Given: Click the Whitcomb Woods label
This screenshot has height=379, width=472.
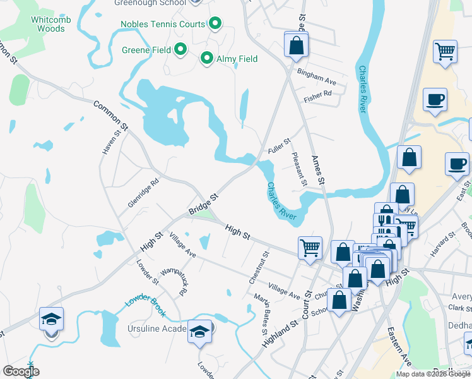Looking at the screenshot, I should [x=48, y=24].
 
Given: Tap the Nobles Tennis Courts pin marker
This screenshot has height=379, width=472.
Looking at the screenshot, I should [x=215, y=25].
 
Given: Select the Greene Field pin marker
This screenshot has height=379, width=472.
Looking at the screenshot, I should [x=180, y=48].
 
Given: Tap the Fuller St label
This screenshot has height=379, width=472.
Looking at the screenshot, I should [x=278, y=147].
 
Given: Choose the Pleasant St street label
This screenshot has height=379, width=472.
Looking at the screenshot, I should [x=298, y=169].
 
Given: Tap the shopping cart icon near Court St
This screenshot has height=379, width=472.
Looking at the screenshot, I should [x=310, y=247].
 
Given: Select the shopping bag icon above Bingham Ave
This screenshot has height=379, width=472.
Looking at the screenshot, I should [x=296, y=45].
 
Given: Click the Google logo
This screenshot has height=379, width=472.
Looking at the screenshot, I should [x=21, y=371].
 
